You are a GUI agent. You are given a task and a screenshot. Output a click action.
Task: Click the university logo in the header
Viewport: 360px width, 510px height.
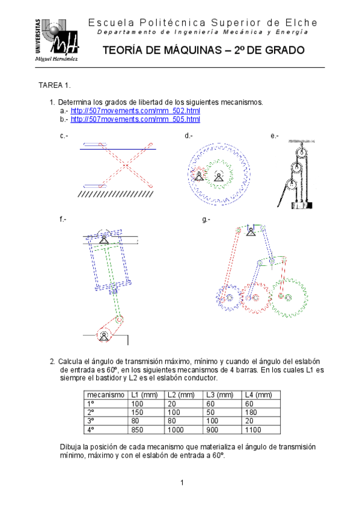tap(56, 40)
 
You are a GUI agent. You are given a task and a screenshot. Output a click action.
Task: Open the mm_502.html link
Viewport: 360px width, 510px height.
tap(135, 111)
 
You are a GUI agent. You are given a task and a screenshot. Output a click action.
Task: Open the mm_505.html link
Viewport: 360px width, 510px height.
tap(135, 119)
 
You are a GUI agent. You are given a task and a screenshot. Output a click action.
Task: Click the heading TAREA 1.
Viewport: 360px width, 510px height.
tap(55, 85)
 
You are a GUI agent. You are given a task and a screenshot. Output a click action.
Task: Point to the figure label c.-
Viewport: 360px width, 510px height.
tap(64, 136)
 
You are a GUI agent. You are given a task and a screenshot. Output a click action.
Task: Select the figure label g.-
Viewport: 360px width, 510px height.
tap(206, 220)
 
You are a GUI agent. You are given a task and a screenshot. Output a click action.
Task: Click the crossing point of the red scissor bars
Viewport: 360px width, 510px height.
tap(126, 165)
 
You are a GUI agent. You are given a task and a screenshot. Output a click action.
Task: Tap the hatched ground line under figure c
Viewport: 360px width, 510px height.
tap(115, 194)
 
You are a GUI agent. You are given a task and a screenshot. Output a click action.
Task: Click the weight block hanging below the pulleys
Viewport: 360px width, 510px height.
tap(302, 205)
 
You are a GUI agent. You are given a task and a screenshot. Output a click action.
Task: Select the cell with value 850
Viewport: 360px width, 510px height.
tap(137, 429)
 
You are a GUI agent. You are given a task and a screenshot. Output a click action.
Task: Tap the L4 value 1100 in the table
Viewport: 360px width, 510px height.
tap(253, 429)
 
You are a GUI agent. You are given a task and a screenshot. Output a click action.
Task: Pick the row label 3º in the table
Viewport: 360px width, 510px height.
tap(91, 421)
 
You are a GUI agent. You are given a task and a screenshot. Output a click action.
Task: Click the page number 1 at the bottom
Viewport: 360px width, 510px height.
tap(182, 483)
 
